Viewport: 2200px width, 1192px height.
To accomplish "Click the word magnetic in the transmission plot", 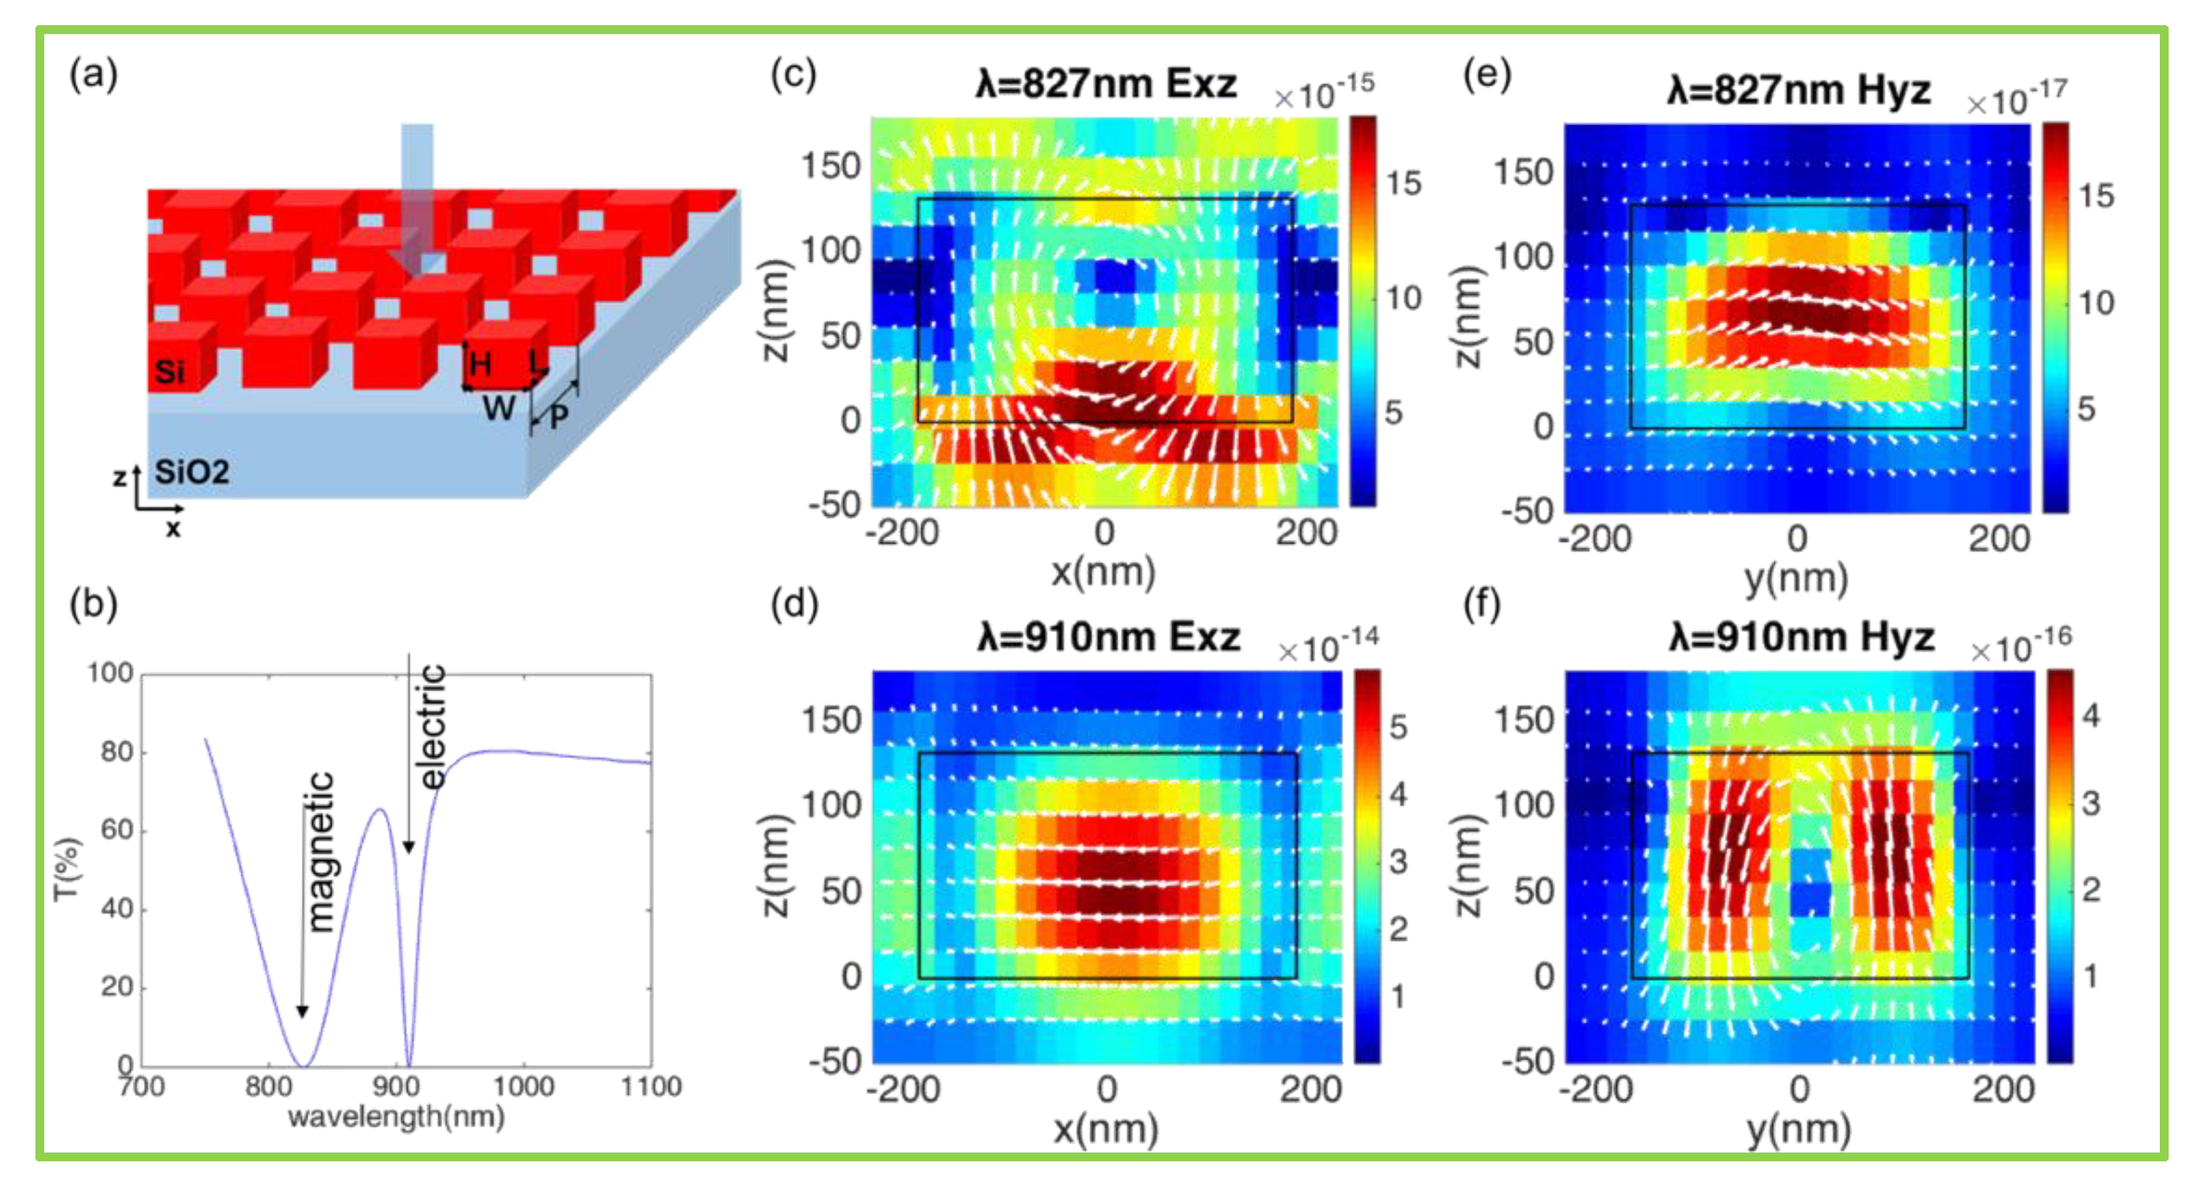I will [x=320, y=851].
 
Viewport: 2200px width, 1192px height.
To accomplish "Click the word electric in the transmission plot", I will [x=433, y=726].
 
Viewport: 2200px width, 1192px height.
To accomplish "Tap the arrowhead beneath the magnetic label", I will [x=302, y=1011].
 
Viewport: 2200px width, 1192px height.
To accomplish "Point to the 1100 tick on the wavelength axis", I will [x=650, y=1086].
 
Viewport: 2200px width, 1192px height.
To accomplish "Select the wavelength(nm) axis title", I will [x=396, y=1117].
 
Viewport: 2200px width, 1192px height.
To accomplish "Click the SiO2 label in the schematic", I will [x=191, y=472].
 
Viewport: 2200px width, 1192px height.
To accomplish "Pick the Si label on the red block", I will [x=169, y=371].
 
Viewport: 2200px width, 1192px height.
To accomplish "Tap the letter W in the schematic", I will [x=499, y=408].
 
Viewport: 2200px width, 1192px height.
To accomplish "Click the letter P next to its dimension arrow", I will [x=559, y=417].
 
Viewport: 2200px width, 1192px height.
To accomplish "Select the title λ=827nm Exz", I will [x=1106, y=84].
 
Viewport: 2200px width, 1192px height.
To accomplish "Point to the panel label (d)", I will [x=793, y=605].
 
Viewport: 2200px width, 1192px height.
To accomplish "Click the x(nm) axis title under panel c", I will [x=1103, y=572].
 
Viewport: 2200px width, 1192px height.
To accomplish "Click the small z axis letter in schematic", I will [x=120, y=476].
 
